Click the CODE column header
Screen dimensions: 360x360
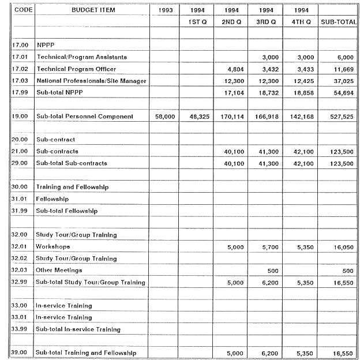tap(22, 10)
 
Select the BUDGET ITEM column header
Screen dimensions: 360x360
tap(93, 10)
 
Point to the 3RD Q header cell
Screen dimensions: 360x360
tap(266, 21)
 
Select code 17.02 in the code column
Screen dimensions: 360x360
tap(20, 69)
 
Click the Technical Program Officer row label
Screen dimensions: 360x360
tap(76, 69)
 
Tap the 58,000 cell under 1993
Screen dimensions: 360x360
tap(166, 117)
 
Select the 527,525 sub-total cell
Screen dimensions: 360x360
tap(341, 117)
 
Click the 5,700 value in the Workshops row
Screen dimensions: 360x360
tap(269, 247)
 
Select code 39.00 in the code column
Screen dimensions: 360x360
tap(20, 352)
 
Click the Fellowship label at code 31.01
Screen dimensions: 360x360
tap(52, 199)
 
